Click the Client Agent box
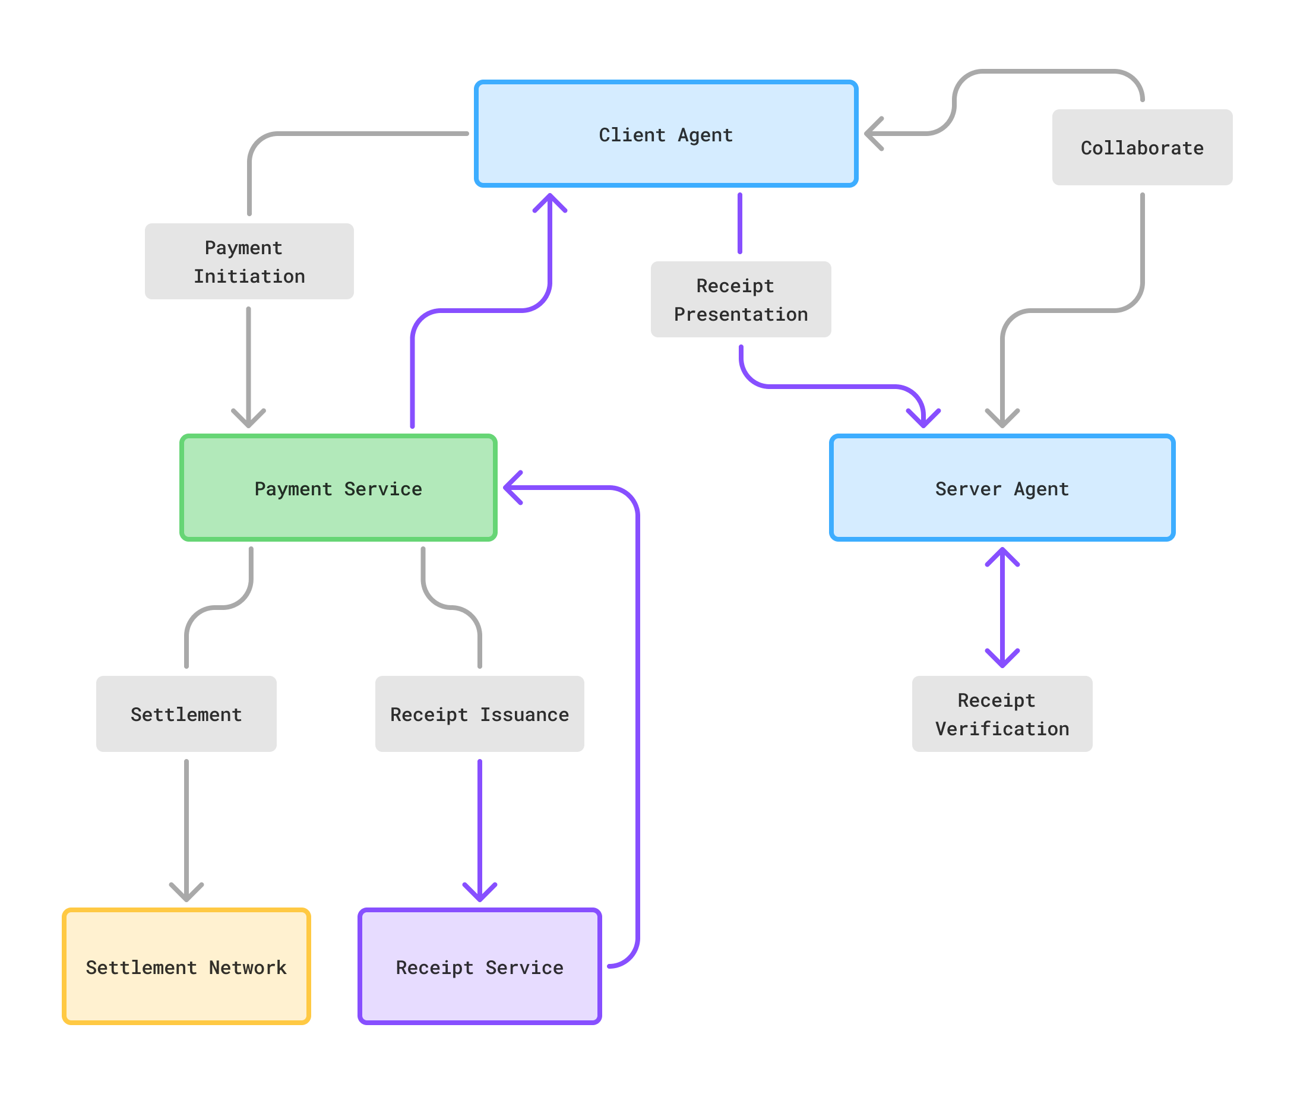click(666, 134)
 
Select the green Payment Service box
click(338, 488)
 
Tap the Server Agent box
click(1002, 488)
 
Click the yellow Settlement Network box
click(186, 966)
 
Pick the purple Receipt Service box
click(479, 966)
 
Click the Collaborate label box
click(1142, 148)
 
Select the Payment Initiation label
click(249, 261)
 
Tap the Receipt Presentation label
click(741, 299)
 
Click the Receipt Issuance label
click(479, 714)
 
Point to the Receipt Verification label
click(1002, 714)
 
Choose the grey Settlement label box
click(186, 714)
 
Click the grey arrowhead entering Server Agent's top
click(1002, 420)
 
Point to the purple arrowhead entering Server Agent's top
click(923, 420)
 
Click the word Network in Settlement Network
click(248, 967)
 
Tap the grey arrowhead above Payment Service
click(249, 420)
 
